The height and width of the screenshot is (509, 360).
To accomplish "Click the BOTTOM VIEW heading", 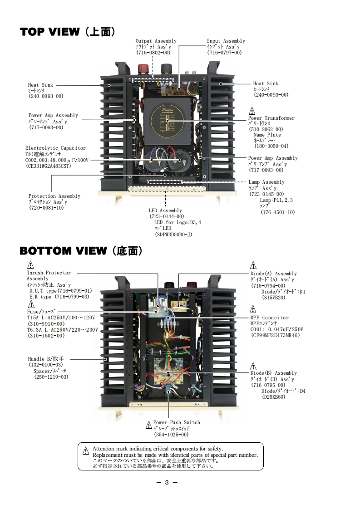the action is pyautogui.click(x=81, y=251).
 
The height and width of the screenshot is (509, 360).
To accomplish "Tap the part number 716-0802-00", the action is pyautogui.click(x=153, y=53).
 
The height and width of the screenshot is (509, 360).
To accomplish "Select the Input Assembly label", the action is pyautogui.click(x=226, y=41).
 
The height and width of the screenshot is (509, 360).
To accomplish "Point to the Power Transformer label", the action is pyautogui.click(x=271, y=118).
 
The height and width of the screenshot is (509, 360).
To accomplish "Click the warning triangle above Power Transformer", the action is pyautogui.click(x=252, y=111).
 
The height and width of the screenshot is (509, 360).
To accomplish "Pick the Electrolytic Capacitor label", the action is pyautogui.click(x=55, y=148).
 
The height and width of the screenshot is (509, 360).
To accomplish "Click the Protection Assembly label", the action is pyautogui.click(x=54, y=196).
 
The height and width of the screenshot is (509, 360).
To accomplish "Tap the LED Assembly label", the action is pyautogui.click(x=165, y=210).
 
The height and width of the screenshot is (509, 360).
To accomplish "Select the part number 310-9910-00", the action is pyautogui.click(x=46, y=324).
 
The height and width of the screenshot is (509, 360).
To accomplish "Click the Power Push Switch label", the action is pyautogui.click(x=177, y=422).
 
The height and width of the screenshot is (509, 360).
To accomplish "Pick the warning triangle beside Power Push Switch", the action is pyautogui.click(x=148, y=425).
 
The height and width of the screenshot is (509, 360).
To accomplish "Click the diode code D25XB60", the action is pyautogui.click(x=274, y=397).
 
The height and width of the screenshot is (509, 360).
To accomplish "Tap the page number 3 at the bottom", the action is pyautogui.click(x=167, y=482).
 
